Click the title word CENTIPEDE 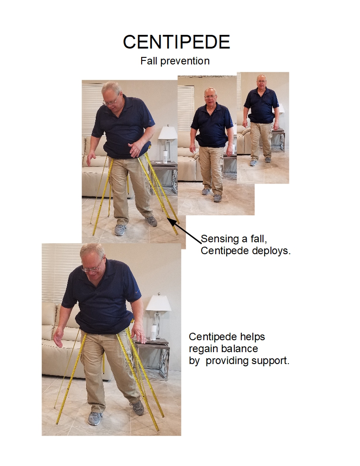(176, 42)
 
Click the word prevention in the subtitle (185, 61)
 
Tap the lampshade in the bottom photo (158, 303)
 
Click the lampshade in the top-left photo (168, 133)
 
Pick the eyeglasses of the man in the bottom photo (92, 268)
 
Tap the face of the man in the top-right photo (261, 81)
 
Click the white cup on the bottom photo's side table (153, 332)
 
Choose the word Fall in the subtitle (149, 61)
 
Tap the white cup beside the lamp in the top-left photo (165, 156)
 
